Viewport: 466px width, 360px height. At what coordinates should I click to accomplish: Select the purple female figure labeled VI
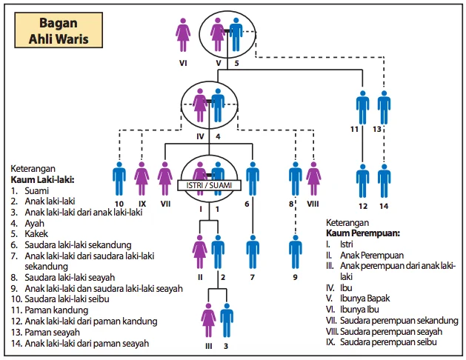pos(183,35)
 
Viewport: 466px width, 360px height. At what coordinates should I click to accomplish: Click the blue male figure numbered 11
pos(362,107)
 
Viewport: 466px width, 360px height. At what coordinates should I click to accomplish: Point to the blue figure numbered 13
pos(384,107)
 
